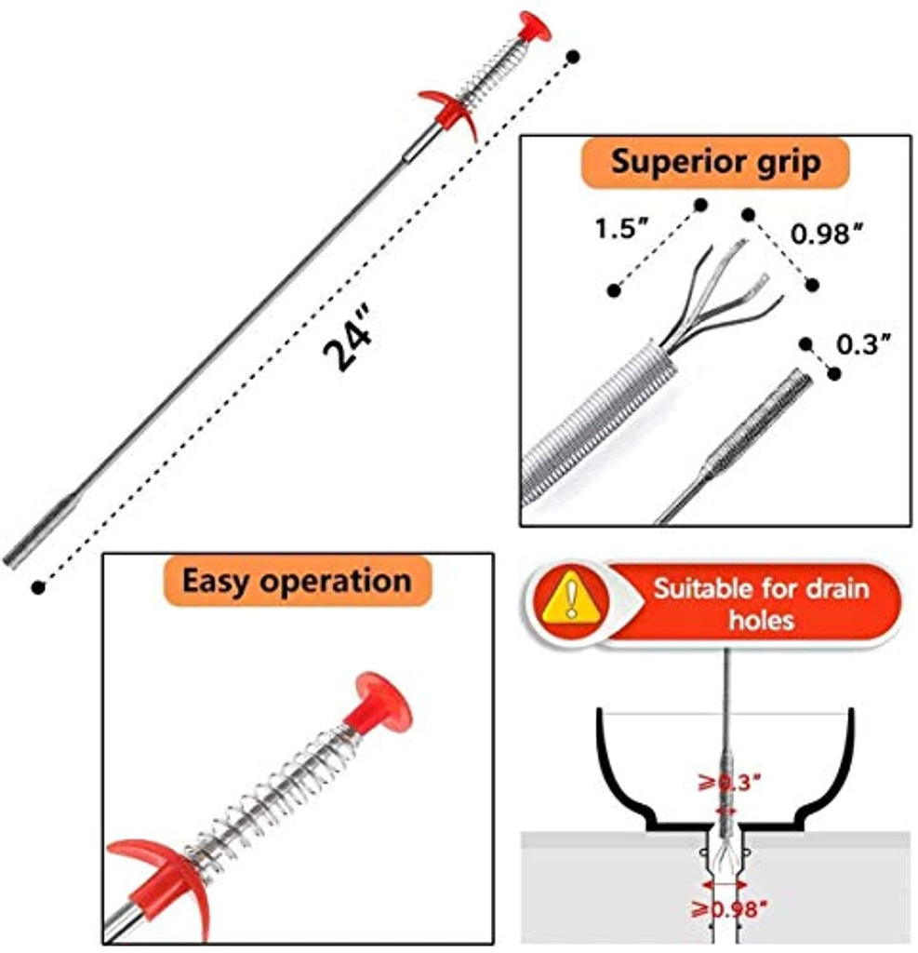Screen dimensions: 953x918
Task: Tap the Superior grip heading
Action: [715, 162]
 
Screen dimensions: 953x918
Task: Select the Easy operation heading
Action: [297, 582]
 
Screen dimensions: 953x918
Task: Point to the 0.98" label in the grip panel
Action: [821, 235]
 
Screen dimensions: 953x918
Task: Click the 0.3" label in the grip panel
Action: [864, 344]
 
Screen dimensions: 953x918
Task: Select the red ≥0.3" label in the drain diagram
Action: [729, 782]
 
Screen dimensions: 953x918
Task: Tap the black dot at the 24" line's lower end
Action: [37, 587]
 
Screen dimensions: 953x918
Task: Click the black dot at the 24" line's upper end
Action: [574, 56]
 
